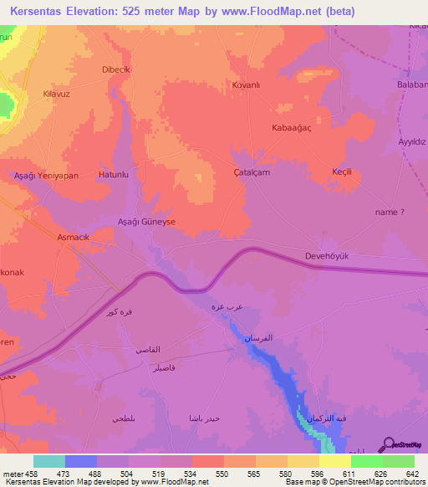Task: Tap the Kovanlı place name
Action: point(248,85)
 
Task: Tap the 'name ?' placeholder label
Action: point(390,213)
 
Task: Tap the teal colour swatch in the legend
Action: point(49,461)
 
